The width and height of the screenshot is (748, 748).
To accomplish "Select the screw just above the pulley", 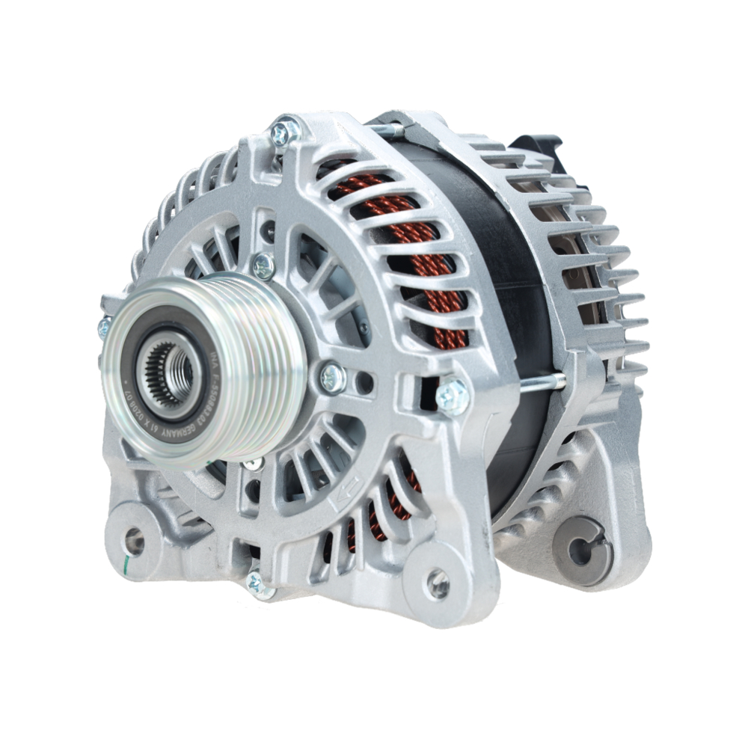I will [x=263, y=265].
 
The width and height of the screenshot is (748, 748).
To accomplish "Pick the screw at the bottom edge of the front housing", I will [x=259, y=584].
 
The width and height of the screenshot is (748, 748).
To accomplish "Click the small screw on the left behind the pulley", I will [x=104, y=327].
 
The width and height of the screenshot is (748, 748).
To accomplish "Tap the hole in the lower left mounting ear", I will [x=135, y=541].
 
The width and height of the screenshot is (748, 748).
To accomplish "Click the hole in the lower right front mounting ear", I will [x=438, y=584].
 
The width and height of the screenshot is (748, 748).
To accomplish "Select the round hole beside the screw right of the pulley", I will [x=365, y=384].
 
